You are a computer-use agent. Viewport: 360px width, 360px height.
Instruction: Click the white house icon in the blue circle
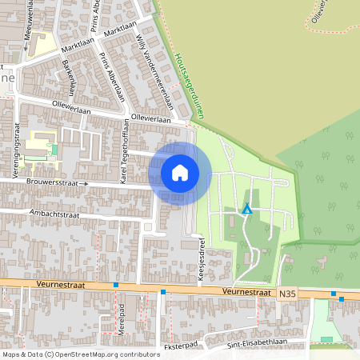[x=180, y=172]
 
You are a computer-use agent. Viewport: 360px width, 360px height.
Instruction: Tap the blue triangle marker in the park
[x=247, y=210]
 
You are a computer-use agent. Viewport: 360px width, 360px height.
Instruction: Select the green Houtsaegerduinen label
[x=188, y=86]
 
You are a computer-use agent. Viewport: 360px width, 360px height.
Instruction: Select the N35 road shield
[x=288, y=294]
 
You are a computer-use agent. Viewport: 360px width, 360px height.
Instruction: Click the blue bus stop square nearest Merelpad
[x=116, y=284]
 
